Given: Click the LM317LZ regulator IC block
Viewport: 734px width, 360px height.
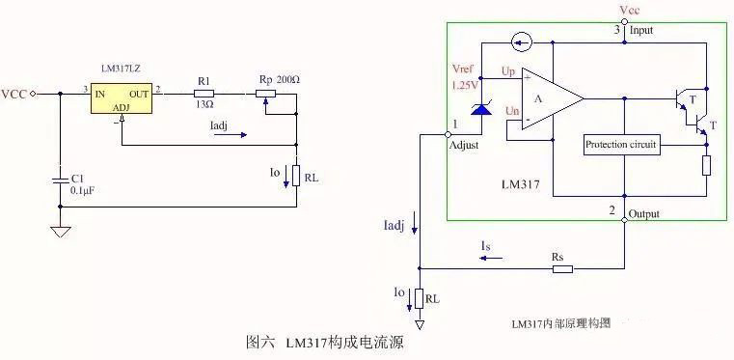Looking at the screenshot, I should click(122, 100).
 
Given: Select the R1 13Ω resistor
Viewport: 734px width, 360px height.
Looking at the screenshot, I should click(204, 94).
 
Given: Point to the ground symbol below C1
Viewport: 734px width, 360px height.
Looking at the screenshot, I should click(60, 232).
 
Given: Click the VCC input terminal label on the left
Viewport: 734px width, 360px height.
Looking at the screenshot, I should click(14, 94).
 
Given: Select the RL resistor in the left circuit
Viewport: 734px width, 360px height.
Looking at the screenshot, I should click(296, 178).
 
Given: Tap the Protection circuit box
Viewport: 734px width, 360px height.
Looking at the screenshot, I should click(621, 145).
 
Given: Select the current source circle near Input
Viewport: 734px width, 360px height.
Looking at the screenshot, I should click(522, 42).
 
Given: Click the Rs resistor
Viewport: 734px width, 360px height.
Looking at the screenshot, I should click(563, 268).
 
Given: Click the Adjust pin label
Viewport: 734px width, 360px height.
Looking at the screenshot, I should click(464, 145).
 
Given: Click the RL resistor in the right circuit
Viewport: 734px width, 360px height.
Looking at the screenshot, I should click(419, 299).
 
